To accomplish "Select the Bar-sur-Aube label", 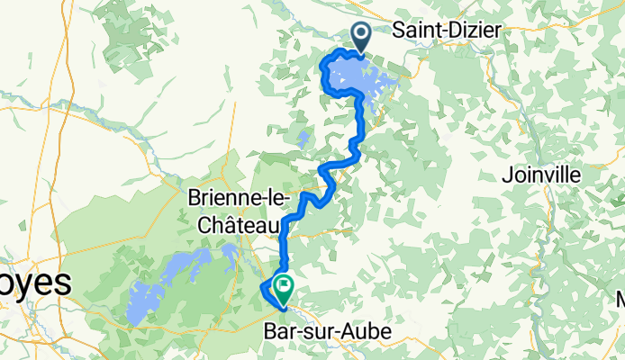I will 328,332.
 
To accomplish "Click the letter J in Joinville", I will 504,175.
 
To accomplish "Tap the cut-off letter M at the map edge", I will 620,298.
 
